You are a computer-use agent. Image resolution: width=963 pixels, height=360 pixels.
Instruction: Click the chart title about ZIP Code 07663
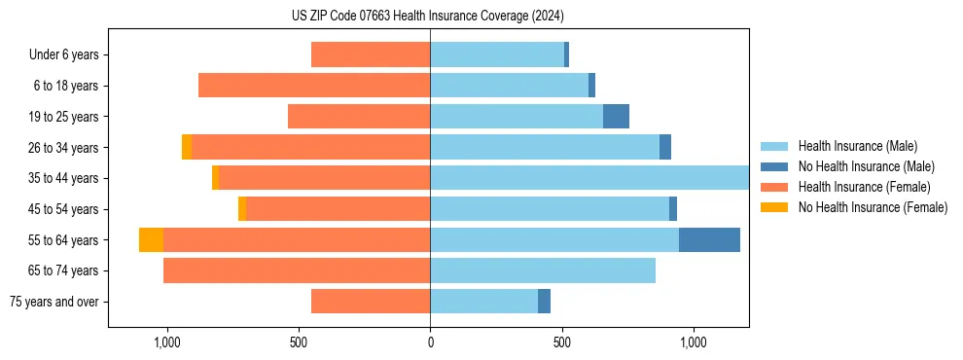click(x=429, y=16)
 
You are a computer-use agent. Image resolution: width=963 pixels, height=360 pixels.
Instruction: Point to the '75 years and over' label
click(x=54, y=302)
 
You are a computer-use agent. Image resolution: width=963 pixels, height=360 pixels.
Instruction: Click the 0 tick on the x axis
click(x=430, y=342)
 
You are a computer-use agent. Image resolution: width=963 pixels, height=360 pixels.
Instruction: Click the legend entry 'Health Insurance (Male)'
click(x=857, y=146)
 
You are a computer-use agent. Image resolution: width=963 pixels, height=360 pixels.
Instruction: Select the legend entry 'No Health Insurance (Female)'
click(x=873, y=207)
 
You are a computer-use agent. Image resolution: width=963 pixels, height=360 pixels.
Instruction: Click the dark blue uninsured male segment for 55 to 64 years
click(x=709, y=239)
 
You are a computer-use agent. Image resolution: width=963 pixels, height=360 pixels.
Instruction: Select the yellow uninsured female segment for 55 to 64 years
click(x=151, y=239)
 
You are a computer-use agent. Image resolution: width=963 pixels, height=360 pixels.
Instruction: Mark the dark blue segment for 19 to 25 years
click(x=616, y=117)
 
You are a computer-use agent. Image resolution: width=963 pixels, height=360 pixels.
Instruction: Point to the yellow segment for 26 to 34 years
click(x=187, y=147)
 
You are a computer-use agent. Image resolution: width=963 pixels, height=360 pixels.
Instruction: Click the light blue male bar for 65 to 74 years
click(x=543, y=270)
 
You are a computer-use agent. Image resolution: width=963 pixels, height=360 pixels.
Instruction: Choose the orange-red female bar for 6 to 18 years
click(x=314, y=86)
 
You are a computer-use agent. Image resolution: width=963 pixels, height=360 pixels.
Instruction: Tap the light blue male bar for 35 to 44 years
click(x=589, y=178)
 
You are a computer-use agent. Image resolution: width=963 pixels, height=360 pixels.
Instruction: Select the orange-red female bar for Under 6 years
click(x=371, y=54)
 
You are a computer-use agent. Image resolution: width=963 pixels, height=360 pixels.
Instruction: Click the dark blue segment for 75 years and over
click(x=544, y=302)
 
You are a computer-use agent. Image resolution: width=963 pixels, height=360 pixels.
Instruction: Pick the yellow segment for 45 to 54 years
click(x=242, y=209)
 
